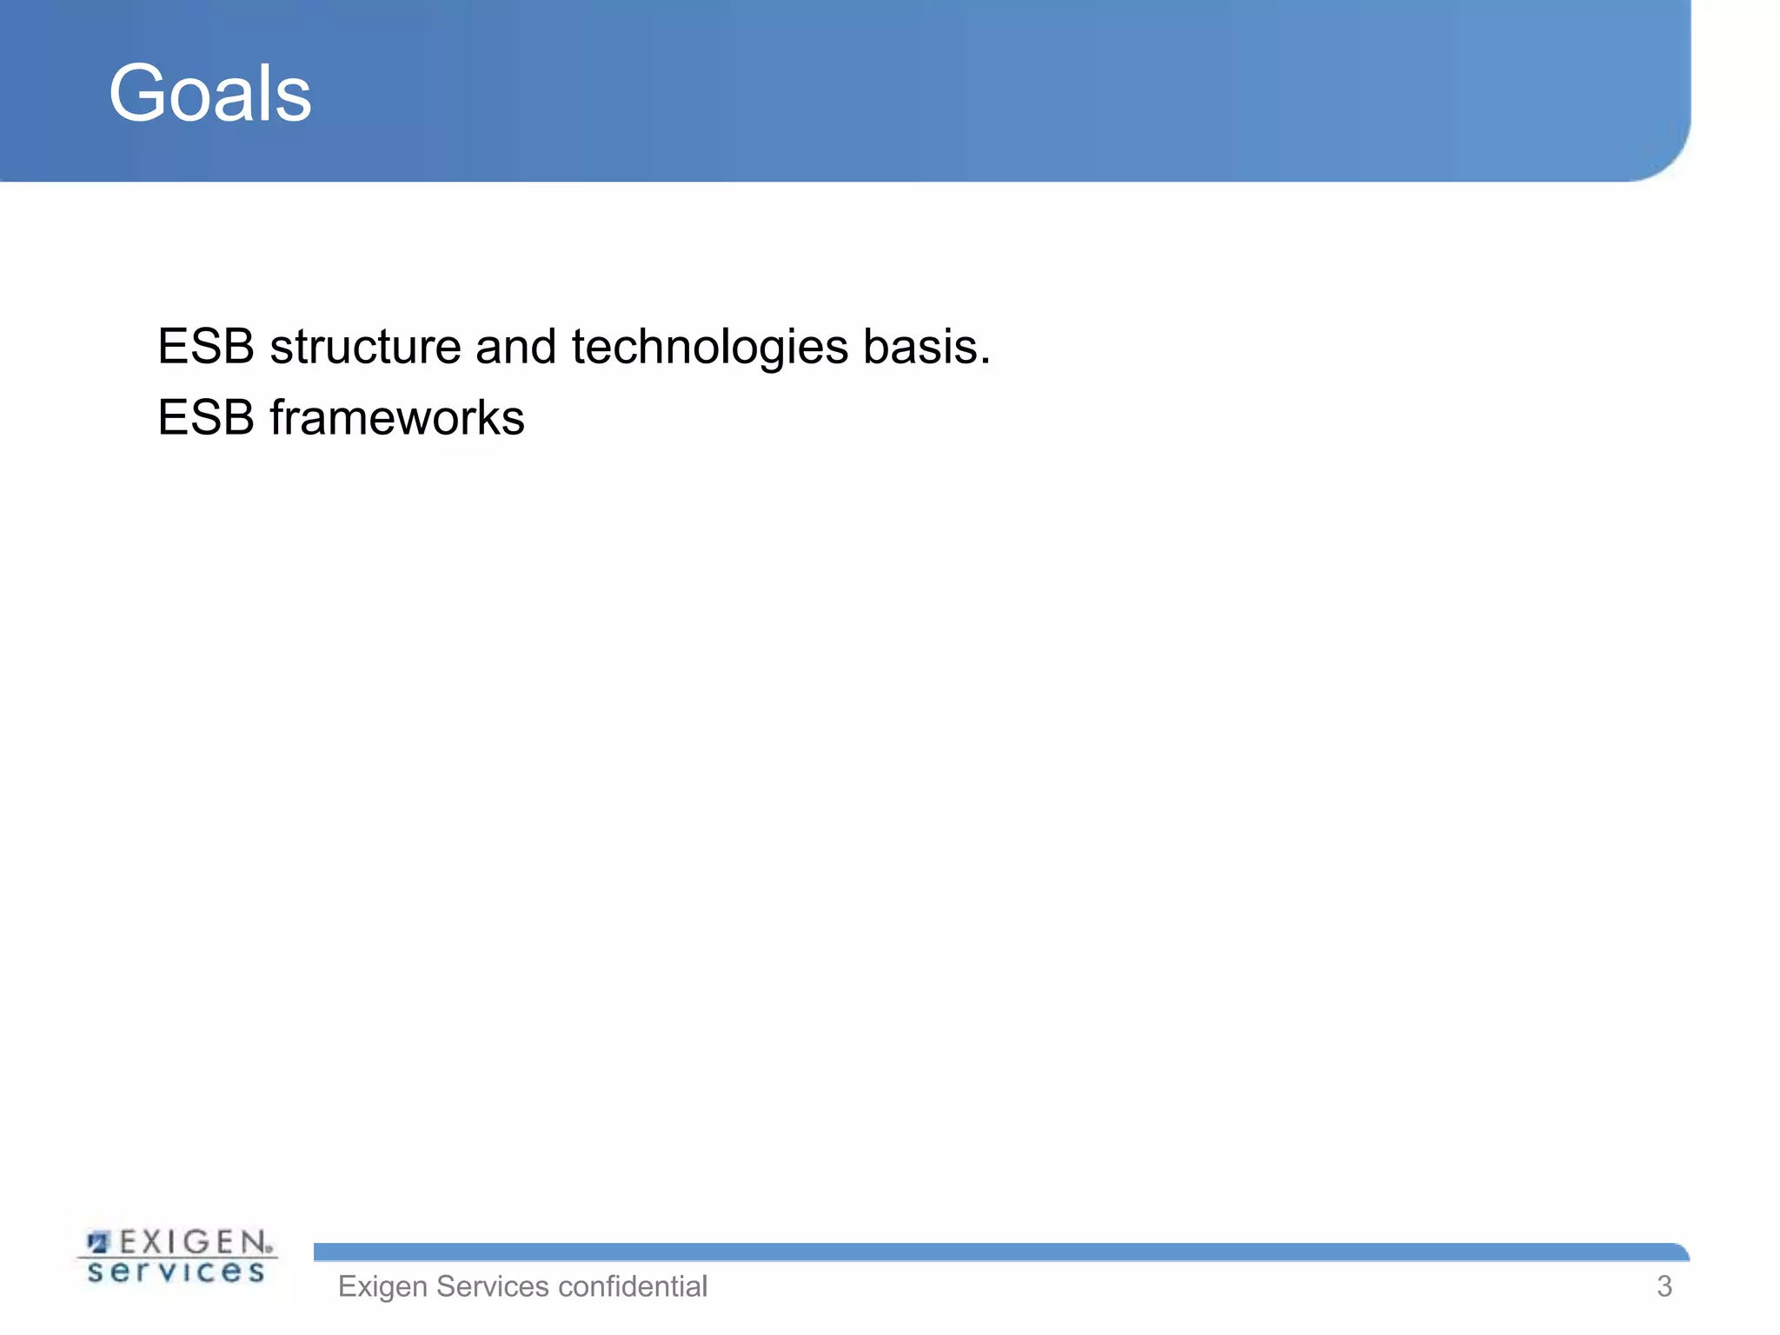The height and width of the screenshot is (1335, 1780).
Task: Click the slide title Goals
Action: coord(209,93)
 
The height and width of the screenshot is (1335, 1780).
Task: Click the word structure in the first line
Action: coord(365,347)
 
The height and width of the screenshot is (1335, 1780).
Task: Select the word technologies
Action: coord(709,347)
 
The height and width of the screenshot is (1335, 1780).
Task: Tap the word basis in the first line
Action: coord(919,347)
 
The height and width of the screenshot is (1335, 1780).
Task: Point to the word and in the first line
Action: coord(515,347)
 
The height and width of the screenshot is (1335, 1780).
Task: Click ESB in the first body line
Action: coord(206,347)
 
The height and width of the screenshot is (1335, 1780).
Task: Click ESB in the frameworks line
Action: coord(206,417)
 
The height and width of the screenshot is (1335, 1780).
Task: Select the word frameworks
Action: coord(397,417)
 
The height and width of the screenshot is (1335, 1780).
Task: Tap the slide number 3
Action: coord(1664,1286)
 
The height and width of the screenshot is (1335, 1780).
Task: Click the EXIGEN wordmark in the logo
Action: coord(196,1241)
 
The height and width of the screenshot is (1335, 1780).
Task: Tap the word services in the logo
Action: coord(176,1272)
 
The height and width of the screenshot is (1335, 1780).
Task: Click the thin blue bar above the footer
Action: coord(956,1252)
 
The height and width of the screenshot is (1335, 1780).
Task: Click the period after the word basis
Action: coord(985,362)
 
